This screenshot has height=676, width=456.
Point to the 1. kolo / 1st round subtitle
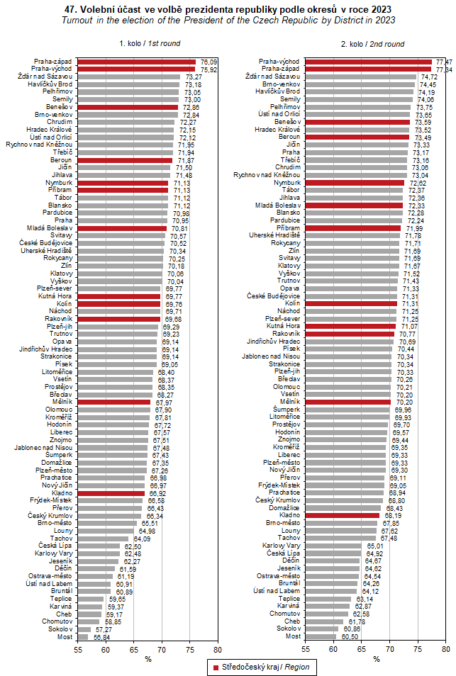pos(150,44)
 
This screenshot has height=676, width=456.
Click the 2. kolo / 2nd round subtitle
pos(372,44)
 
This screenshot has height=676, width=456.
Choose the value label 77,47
pos(444,62)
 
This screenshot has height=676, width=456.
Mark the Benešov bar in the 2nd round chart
pos(357,122)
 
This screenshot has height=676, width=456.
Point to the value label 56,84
pos(101,636)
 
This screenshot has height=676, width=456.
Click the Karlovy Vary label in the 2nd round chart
pos(282,546)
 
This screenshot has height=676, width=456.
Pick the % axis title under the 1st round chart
pos(148,659)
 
